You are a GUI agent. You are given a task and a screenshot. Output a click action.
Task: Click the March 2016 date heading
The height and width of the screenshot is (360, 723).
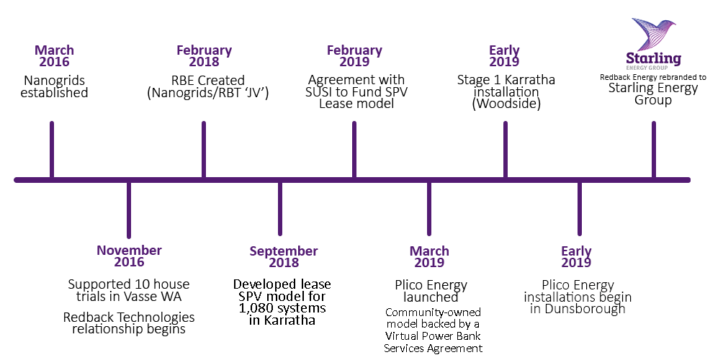click(x=55, y=56)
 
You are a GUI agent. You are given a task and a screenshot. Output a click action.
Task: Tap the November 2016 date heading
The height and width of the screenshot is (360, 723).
click(x=129, y=257)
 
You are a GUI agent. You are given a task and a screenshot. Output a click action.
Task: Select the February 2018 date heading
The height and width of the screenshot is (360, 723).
click(x=205, y=56)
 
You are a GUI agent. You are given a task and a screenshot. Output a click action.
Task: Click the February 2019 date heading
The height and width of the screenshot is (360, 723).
click(x=354, y=56)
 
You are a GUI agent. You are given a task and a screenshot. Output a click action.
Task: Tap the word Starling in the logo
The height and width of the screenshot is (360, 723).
click(x=653, y=58)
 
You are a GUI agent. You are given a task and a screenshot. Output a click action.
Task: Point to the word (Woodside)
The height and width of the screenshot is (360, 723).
click(x=506, y=104)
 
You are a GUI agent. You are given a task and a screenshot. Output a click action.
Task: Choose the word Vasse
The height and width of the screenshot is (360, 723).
click(x=155, y=297)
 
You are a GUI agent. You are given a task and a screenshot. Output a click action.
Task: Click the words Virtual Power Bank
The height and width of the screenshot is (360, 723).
click(x=433, y=336)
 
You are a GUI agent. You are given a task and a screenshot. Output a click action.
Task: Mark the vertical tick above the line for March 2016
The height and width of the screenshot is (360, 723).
click(x=52, y=149)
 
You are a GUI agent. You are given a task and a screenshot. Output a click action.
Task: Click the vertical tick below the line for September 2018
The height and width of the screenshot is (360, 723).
click(x=280, y=209)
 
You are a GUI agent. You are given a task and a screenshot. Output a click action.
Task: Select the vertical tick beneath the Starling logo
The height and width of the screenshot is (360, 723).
click(x=654, y=149)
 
